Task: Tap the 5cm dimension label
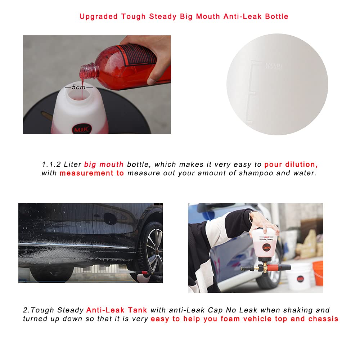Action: click(78, 87)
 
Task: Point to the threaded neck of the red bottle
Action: click(89, 71)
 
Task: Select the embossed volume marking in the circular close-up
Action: click(273, 67)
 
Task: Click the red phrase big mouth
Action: click(104, 165)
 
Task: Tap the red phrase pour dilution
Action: click(291, 165)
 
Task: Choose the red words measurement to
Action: click(92, 173)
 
